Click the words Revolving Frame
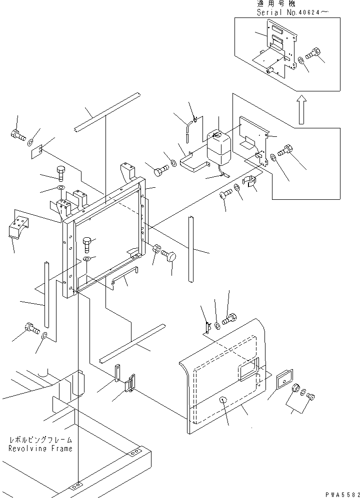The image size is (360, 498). [40, 449]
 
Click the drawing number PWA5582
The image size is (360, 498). [342, 495]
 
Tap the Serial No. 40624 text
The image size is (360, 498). [292, 12]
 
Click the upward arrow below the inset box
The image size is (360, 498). [301, 110]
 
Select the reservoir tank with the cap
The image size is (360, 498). [218, 148]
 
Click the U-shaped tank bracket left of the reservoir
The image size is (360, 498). [194, 162]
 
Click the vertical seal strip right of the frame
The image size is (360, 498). [190, 249]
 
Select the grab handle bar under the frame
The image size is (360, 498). [124, 275]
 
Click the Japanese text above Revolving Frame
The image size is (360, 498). [40, 440]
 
